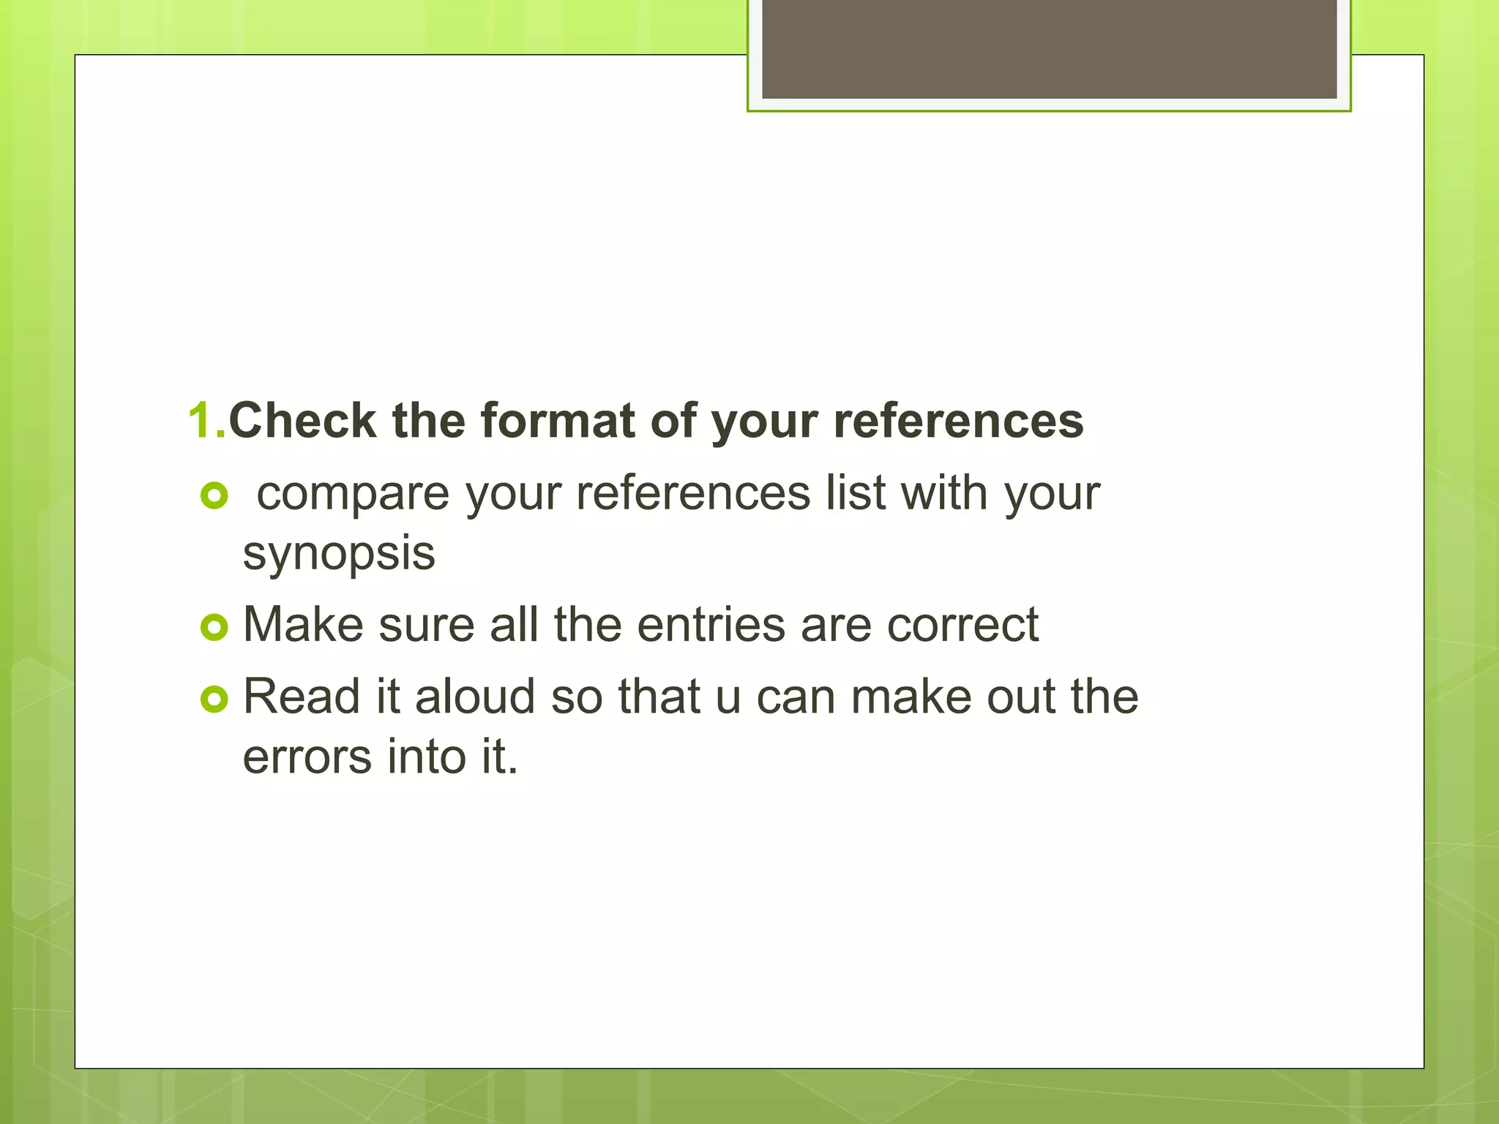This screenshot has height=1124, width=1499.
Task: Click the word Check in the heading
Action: pyautogui.click(x=302, y=421)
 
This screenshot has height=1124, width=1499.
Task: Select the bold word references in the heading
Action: pyautogui.click(x=958, y=421)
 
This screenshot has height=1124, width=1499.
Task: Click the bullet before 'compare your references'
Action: pyautogui.click(x=214, y=497)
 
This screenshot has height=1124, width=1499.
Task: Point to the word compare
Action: pyautogui.click(x=353, y=495)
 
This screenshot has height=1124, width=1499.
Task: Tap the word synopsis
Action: pyautogui.click(x=339, y=555)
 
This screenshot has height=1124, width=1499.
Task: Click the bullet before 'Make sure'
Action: pyautogui.click(x=214, y=627)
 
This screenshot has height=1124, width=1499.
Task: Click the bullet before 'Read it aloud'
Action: pyautogui.click(x=214, y=700)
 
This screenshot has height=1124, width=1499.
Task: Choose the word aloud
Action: pyautogui.click(x=475, y=697)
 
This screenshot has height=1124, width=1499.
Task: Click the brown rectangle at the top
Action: pyautogui.click(x=1049, y=48)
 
